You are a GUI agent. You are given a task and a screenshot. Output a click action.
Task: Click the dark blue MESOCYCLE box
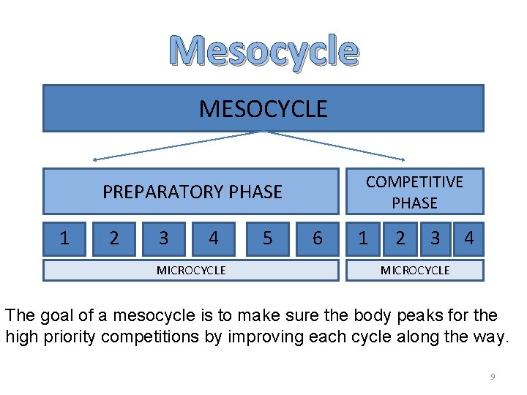(263, 108)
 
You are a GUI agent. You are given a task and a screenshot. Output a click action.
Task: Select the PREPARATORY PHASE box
(192, 192)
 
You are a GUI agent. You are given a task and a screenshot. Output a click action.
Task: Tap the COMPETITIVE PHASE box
(414, 192)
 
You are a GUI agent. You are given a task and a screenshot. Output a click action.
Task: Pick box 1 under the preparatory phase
(64, 238)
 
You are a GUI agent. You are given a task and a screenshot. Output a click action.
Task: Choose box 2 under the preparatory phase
(113, 238)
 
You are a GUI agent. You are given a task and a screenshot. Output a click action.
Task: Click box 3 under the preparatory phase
(163, 238)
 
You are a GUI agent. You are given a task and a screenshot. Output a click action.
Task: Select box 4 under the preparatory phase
(213, 238)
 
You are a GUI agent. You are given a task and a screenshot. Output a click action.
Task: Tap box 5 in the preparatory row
(267, 238)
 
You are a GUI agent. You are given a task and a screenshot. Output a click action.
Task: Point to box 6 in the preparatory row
(317, 238)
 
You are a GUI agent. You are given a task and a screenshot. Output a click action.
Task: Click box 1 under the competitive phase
(363, 238)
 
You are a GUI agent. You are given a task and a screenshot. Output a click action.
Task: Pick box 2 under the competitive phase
(400, 238)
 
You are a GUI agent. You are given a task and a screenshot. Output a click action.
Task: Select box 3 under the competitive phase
(435, 238)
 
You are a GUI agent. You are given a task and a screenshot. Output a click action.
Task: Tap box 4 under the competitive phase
(468, 238)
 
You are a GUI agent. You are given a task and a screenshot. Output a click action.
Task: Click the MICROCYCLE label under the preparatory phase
(191, 271)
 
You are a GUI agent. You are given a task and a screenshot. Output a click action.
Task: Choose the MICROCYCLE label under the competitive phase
(415, 271)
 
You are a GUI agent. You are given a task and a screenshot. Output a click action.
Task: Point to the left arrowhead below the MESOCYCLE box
(96, 159)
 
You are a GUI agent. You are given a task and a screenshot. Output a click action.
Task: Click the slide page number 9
(493, 377)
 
